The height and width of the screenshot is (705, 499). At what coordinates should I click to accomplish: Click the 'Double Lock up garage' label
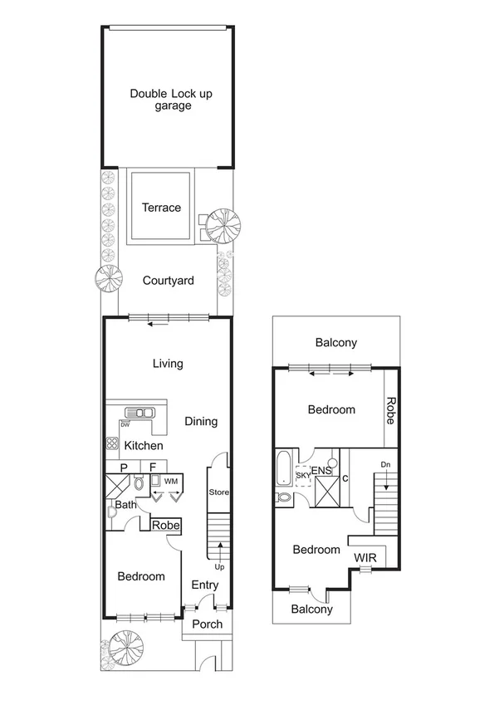(170, 100)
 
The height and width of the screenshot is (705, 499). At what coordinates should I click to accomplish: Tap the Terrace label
(161, 208)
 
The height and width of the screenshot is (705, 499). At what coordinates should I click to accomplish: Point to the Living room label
(168, 363)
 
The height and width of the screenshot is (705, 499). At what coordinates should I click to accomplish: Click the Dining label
(201, 421)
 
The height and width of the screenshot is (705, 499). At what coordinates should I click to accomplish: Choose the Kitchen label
(143, 446)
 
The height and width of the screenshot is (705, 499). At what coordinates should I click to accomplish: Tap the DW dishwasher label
(125, 424)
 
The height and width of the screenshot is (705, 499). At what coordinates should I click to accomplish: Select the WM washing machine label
(171, 481)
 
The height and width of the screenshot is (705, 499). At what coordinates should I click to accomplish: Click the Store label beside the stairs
(218, 492)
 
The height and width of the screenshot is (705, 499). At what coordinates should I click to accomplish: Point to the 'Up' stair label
(219, 567)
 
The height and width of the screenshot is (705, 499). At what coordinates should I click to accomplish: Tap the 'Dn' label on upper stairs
(384, 464)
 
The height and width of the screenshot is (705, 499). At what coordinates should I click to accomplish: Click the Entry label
(205, 585)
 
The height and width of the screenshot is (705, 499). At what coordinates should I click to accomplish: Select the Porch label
(208, 624)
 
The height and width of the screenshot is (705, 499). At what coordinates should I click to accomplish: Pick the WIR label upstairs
(365, 558)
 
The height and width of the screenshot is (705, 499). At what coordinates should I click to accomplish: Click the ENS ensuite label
(322, 471)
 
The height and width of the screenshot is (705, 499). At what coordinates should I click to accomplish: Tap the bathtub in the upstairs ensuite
(282, 468)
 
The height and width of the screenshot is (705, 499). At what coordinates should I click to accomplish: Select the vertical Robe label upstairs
(389, 409)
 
